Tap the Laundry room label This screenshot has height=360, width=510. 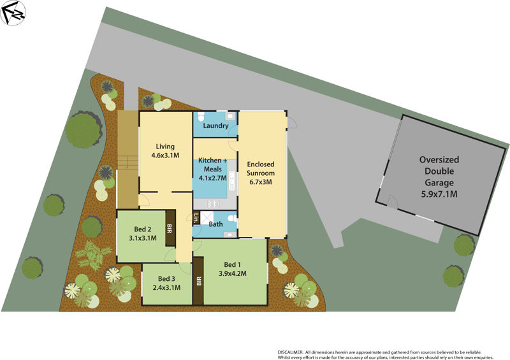215,126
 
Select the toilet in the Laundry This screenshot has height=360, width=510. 201,117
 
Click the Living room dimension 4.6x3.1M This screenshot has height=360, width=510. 165,155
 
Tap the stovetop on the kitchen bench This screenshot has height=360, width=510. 214,203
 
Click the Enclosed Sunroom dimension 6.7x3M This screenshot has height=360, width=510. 260,182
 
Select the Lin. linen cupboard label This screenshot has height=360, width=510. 196,217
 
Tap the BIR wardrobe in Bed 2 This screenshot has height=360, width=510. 170,227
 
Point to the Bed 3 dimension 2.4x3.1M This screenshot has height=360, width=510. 166,287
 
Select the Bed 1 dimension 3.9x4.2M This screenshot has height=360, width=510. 233,273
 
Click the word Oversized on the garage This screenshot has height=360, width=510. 439,159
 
